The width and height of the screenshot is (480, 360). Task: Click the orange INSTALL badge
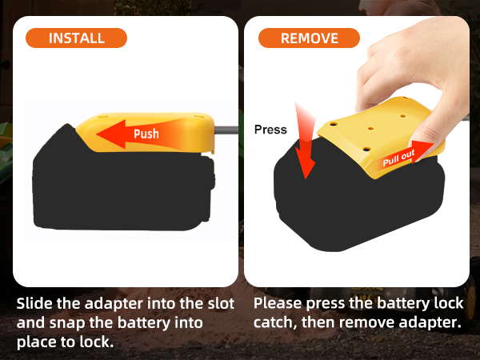point(77,38)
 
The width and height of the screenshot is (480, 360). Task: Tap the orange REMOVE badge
point(309,38)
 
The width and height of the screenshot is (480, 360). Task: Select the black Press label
point(270,129)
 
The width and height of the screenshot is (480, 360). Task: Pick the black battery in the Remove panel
point(360,208)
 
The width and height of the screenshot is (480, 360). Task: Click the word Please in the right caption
point(280,304)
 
